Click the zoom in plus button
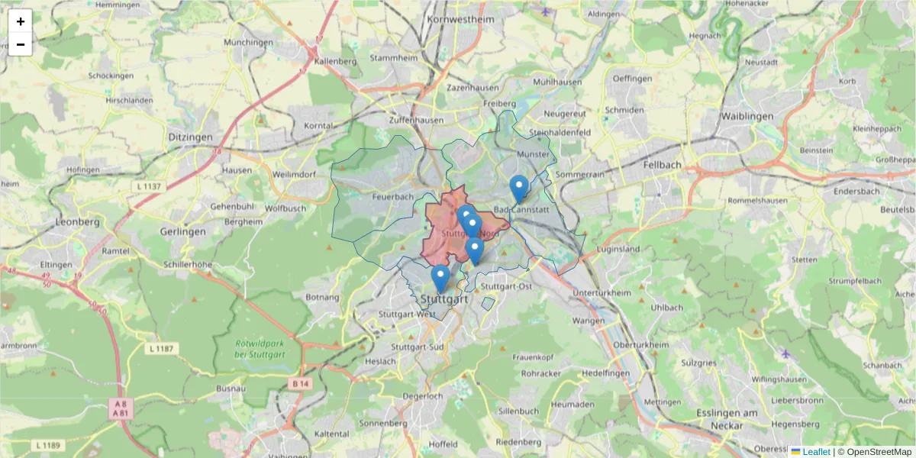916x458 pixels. point(21,21)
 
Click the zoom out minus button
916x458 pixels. point(21,44)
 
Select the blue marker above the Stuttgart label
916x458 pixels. point(440,278)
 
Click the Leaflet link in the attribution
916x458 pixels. point(815,452)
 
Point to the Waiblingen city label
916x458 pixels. point(747,117)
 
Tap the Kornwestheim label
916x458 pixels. point(461,19)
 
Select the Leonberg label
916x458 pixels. point(78,222)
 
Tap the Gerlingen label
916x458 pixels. point(182,231)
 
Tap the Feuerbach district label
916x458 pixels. point(385,197)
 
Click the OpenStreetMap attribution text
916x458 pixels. point(879,452)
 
